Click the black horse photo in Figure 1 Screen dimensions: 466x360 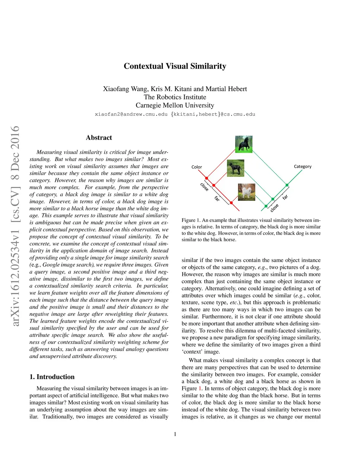coord(244,144)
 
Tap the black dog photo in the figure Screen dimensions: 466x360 coord(236,168)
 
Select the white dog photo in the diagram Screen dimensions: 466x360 coord(246,192)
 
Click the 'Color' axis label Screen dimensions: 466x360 coord(197,167)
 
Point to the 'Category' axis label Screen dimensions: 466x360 coord(302,166)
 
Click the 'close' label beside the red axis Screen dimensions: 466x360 coord(204,187)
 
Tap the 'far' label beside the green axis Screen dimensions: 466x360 coord(285,197)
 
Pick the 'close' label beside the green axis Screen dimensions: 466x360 coord(274,208)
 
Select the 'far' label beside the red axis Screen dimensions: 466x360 coord(217,199)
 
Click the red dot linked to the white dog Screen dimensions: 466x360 coord(231,203)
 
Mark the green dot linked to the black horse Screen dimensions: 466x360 coord(287,185)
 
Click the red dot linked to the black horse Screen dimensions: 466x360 coord(206,178)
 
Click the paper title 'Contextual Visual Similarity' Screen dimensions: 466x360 coord(175,66)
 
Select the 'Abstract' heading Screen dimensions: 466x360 coord(99,138)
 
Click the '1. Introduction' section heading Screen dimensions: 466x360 coord(52,377)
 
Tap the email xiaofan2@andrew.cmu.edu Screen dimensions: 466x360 coord(131,114)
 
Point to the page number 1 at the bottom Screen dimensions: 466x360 coord(175,434)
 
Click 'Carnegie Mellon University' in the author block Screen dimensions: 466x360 coord(175,105)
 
